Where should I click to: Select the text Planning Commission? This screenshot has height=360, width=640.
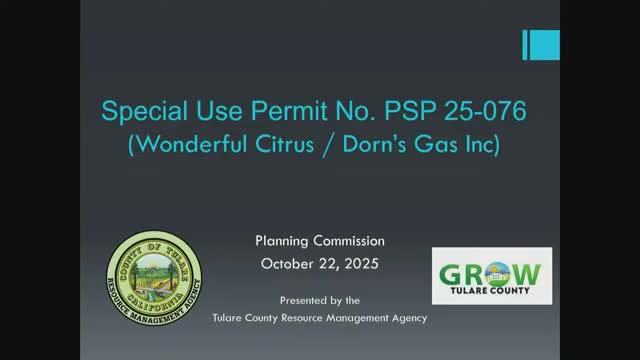click(x=319, y=241)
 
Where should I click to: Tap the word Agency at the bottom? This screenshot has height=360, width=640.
click(x=404, y=318)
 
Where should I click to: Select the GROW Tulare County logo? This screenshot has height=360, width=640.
click(x=491, y=276)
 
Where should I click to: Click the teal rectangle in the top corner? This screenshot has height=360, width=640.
click(x=544, y=45)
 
